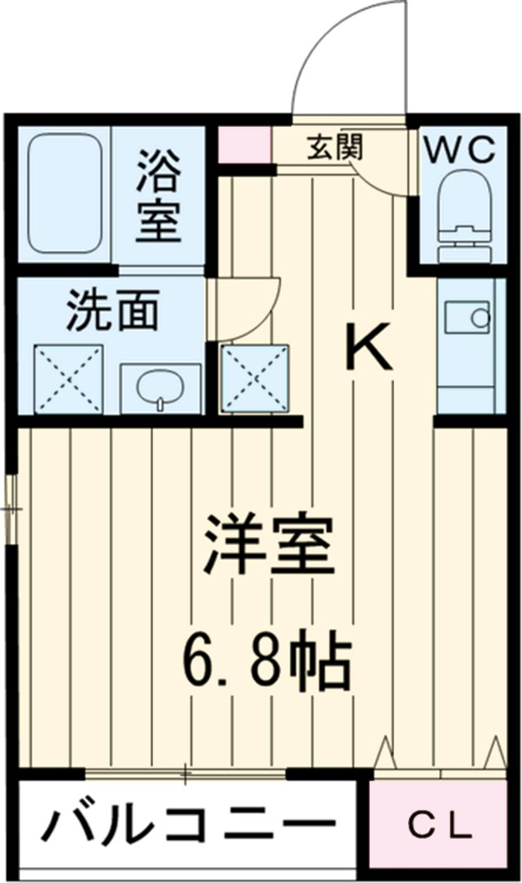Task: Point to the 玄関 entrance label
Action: pos(334,149)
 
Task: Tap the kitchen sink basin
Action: pos(468,317)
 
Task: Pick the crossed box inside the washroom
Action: pos(68,379)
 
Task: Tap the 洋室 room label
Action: pos(269,546)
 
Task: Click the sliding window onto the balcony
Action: pos(186,772)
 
